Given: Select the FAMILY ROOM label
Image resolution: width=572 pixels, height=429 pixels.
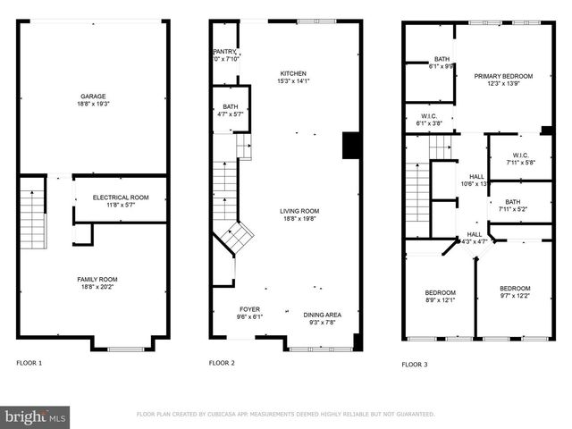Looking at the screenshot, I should [x=97, y=279].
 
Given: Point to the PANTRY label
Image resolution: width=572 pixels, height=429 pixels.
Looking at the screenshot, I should [x=223, y=52].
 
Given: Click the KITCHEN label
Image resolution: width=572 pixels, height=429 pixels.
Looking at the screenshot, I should [x=292, y=73].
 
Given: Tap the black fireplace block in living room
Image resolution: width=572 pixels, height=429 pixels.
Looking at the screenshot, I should [x=351, y=145].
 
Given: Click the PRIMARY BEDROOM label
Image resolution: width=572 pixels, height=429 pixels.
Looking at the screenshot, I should [x=503, y=77].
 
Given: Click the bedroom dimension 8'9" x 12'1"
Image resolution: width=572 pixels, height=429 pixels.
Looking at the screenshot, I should [x=440, y=300].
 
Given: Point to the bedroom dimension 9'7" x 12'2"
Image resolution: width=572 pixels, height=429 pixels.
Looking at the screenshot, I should [x=514, y=296].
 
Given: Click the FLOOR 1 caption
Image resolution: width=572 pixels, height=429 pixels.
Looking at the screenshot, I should [x=29, y=363].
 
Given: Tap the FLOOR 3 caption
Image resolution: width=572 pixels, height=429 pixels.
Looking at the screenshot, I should [x=414, y=365].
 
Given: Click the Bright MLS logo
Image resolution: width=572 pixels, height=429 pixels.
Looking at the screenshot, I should [x=36, y=416].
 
